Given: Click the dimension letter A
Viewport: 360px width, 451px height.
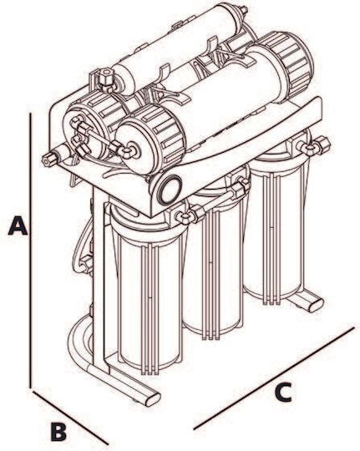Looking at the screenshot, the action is click(x=18, y=226).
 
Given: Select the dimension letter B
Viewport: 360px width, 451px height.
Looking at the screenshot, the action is click(x=59, y=432).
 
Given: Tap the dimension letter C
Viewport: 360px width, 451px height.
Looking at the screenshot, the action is click(x=283, y=392).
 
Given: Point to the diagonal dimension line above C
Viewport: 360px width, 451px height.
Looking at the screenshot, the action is click(x=274, y=378).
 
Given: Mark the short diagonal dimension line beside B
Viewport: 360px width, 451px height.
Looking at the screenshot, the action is click(x=70, y=417).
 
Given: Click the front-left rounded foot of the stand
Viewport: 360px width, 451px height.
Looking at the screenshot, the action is click(x=152, y=398).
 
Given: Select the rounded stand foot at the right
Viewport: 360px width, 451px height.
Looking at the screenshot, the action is click(x=315, y=305).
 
